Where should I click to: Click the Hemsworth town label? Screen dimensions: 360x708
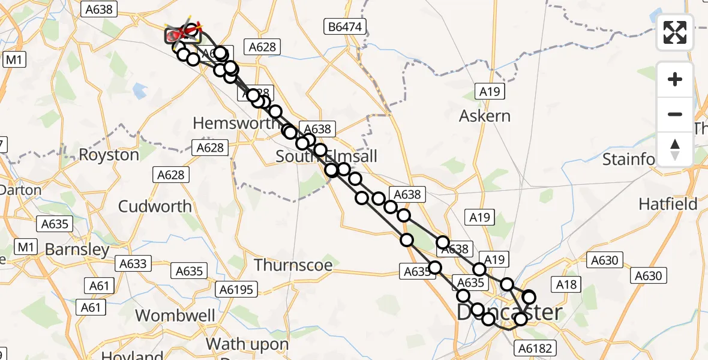(x=231, y=123)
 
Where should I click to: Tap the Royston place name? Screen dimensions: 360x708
(x=109, y=154)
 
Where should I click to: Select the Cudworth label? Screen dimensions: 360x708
(x=155, y=206)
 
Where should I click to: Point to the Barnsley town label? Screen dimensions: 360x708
(x=77, y=250)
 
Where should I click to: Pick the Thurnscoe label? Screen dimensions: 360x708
(x=293, y=265)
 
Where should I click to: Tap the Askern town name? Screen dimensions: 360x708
(x=485, y=116)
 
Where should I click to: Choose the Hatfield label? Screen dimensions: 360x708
(x=668, y=204)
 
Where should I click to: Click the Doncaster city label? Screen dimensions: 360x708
(x=510, y=313)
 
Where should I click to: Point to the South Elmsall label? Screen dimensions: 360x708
(x=326, y=157)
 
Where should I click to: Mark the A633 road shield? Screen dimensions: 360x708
(x=133, y=263)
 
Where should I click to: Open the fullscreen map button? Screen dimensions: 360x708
(x=675, y=32)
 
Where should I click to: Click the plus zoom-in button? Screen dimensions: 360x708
(x=675, y=80)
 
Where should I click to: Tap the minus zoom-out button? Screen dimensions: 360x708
(x=675, y=114)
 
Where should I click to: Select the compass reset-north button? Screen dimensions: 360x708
(x=675, y=149)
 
